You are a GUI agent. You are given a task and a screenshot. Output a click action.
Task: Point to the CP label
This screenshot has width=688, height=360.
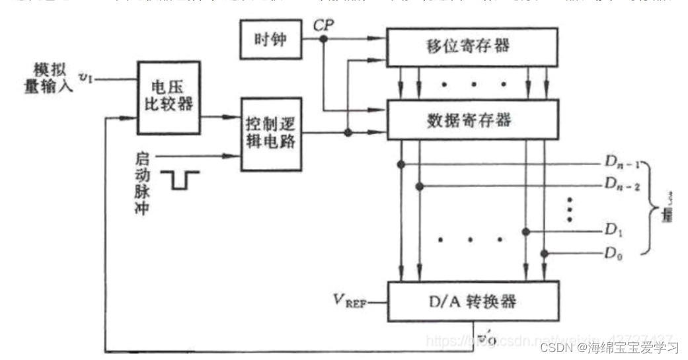pyautogui.click(x=323, y=24)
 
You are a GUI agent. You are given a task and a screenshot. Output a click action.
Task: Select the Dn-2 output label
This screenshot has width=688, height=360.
pyautogui.click(x=621, y=186)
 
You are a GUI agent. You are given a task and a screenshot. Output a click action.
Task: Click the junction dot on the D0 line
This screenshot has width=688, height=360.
pyautogui.click(x=545, y=253)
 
